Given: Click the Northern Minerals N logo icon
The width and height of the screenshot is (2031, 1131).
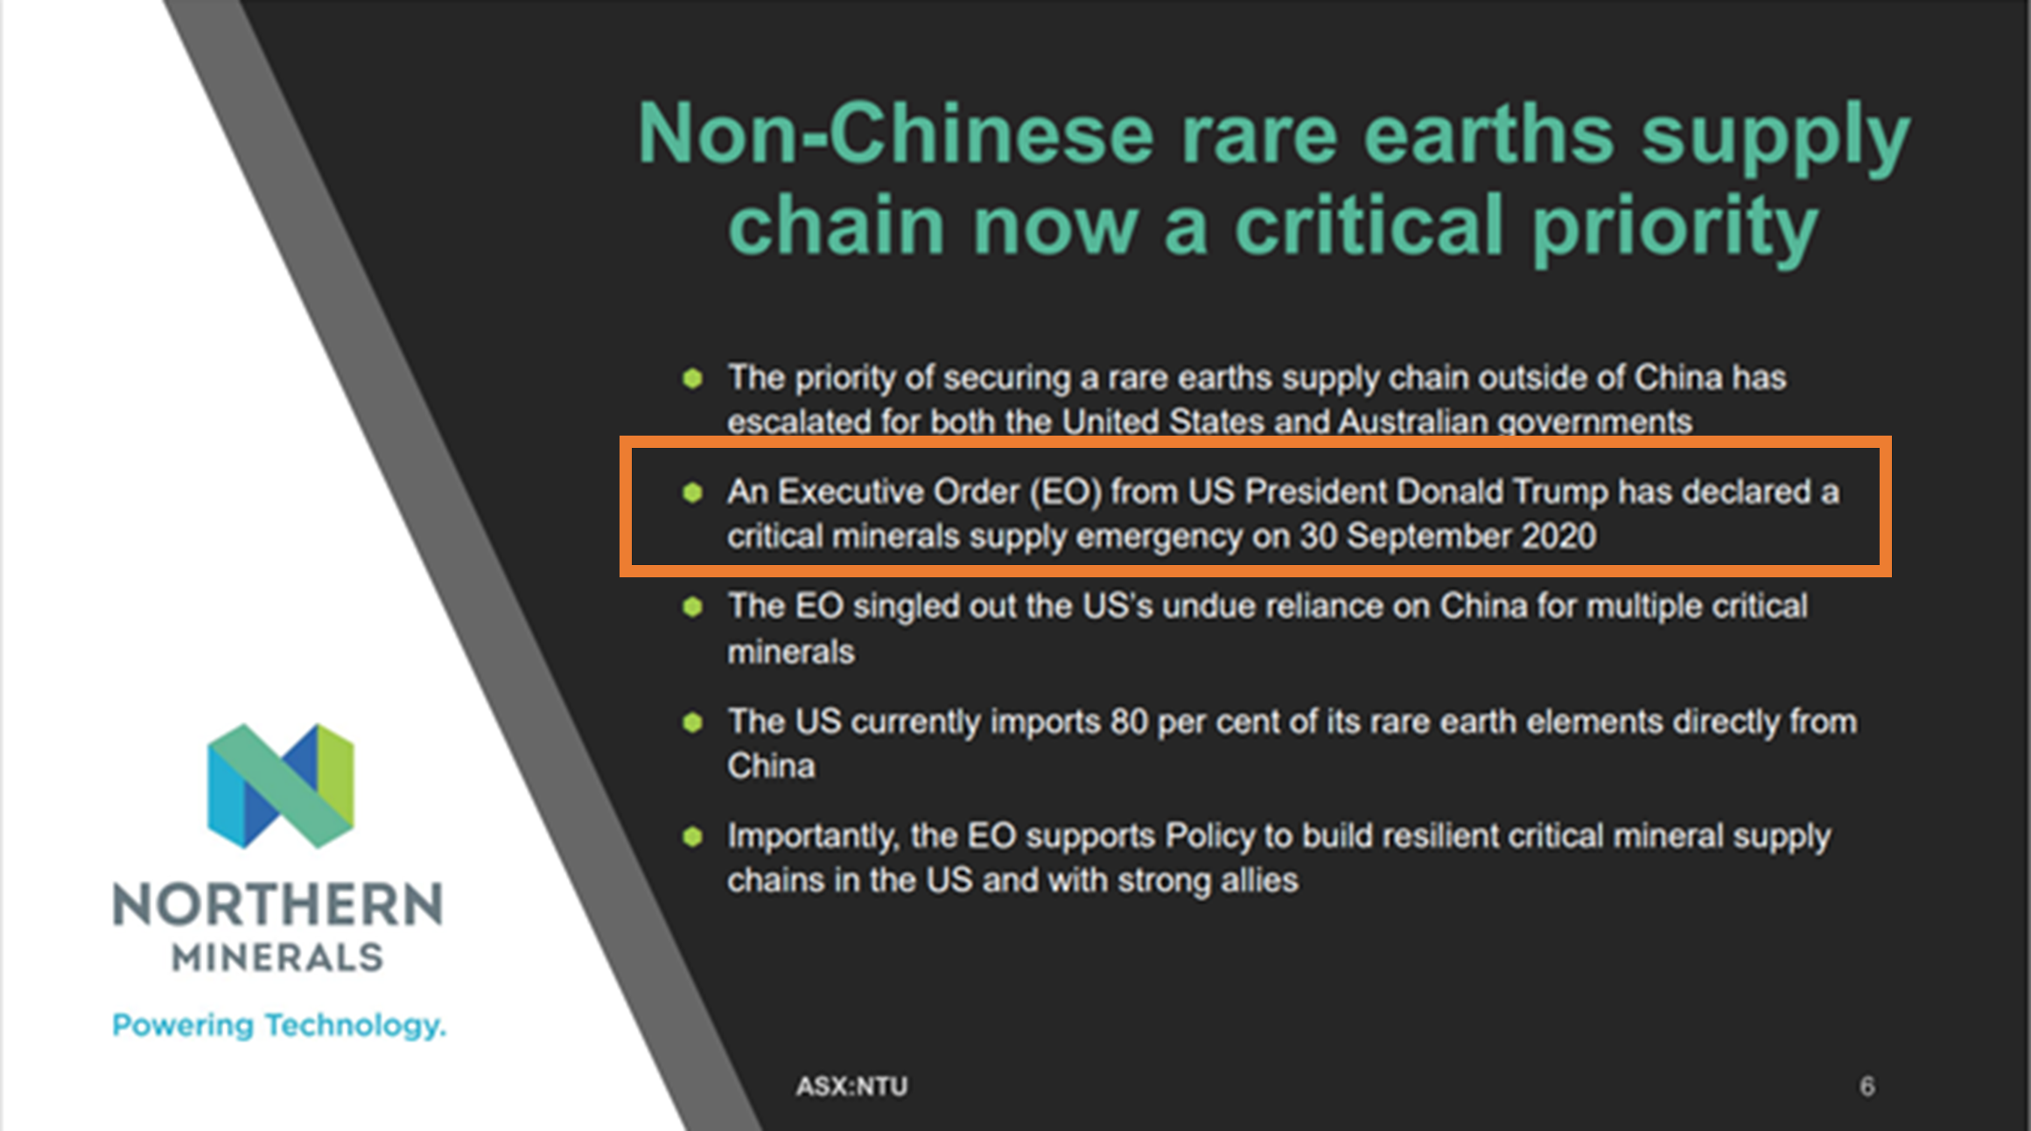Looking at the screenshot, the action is point(281,785).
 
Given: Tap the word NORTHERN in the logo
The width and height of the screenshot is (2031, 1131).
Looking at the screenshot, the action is point(278,904).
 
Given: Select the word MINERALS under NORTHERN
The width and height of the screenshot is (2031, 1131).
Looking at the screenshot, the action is point(278,957).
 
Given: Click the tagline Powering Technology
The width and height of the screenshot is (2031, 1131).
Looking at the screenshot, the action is point(279,1025).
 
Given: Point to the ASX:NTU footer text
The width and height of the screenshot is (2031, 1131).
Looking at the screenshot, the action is point(851,1086).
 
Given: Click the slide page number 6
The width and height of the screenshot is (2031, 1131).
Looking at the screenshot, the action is point(1866,1086).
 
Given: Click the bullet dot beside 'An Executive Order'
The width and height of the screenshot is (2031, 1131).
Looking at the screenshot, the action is point(692,492).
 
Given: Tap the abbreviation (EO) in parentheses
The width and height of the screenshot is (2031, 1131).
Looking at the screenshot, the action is point(1065,492).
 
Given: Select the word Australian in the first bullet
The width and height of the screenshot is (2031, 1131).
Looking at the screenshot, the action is point(1413,422).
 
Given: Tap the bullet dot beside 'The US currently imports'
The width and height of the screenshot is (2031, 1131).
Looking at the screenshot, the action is point(692,723).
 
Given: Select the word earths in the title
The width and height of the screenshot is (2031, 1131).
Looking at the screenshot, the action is point(1488,135).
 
